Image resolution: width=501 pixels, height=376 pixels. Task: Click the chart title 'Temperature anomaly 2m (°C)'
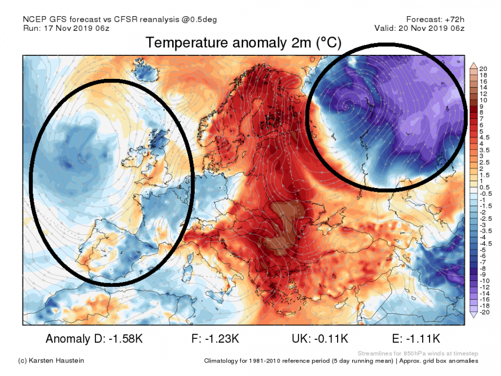(243, 43)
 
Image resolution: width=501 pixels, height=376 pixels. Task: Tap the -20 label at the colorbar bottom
(484, 312)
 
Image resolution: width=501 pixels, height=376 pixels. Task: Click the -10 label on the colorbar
(484, 281)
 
